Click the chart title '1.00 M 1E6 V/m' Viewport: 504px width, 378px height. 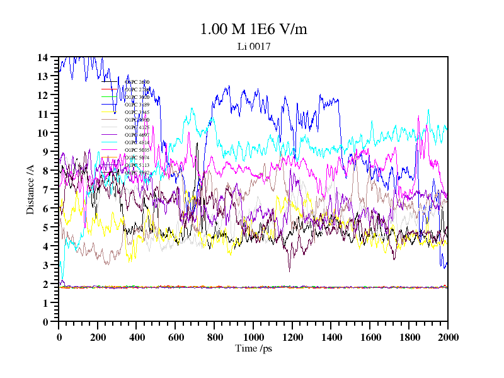[253, 29]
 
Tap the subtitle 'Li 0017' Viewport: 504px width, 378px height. [253, 46]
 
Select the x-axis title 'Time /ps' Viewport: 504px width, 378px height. [253, 348]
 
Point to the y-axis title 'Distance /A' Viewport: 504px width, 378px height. [30, 190]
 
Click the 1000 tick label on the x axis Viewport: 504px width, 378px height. [253, 337]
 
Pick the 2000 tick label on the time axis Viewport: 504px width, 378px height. [447, 337]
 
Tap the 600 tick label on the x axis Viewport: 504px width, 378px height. [175, 337]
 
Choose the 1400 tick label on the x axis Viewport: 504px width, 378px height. [331, 337]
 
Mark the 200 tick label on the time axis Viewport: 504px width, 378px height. [98, 337]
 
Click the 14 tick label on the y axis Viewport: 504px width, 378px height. [43, 57]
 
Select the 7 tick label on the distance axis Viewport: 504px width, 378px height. [45, 190]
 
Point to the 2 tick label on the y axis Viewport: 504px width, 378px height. [45, 284]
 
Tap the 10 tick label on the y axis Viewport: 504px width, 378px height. [43, 133]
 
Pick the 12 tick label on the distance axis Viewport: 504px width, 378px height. [43, 95]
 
